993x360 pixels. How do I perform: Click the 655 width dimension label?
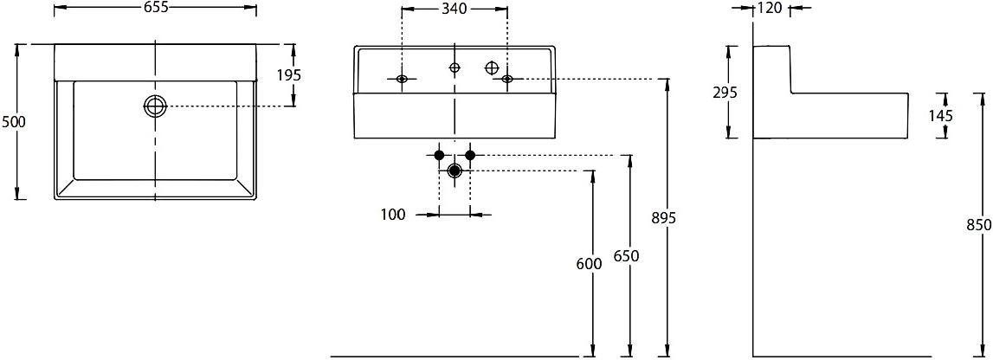point(154,9)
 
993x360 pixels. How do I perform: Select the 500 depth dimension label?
point(13,122)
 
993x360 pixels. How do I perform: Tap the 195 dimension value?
point(289,75)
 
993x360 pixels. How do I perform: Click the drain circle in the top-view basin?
point(154,106)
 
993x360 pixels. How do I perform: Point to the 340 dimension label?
point(454,9)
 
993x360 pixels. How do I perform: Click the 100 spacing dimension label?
point(393,215)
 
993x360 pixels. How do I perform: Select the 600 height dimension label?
point(590,265)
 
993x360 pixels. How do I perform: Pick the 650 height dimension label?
point(627,255)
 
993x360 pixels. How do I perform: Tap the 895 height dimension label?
point(664,218)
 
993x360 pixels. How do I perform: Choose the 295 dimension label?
point(725,93)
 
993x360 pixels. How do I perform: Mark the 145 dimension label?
point(940,115)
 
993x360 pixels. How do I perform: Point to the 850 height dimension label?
point(980,226)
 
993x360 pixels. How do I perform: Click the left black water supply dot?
point(439,155)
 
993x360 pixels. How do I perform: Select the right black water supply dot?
point(470,155)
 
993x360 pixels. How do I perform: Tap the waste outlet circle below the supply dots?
point(454,170)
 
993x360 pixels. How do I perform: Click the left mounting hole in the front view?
point(402,79)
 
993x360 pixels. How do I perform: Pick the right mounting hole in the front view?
point(506,79)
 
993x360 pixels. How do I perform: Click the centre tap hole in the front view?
point(455,67)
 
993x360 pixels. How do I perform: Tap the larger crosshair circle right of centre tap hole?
point(493,67)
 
